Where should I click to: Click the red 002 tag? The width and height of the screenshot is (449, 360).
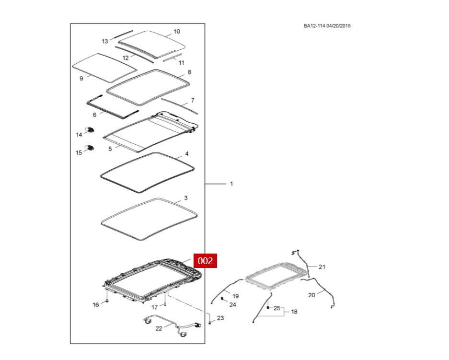click(205, 261)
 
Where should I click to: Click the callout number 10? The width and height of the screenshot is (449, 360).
click(176, 32)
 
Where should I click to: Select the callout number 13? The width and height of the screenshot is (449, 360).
click(105, 41)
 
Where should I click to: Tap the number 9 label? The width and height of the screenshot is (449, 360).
click(81, 78)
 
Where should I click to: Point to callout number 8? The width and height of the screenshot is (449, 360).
click(189, 72)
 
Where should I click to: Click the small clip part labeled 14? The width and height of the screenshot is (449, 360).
click(89, 130)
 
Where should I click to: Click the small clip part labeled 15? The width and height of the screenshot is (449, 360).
click(89, 147)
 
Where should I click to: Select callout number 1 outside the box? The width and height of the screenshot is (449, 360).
click(231, 184)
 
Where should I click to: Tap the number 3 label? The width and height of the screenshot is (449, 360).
click(185, 198)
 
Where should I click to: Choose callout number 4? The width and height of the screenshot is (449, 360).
click(186, 154)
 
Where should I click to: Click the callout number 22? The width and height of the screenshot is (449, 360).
click(159, 328)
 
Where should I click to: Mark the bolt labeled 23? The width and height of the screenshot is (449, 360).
click(210, 324)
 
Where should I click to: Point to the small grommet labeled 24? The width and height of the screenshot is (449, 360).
click(223, 298)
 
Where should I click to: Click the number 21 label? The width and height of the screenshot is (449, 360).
click(322, 267)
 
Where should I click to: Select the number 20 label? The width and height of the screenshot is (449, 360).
click(311, 295)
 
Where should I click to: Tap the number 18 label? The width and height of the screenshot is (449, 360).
click(294, 312)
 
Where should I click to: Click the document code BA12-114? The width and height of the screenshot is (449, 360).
click(314, 26)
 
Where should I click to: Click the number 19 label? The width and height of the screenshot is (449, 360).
click(235, 296)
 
